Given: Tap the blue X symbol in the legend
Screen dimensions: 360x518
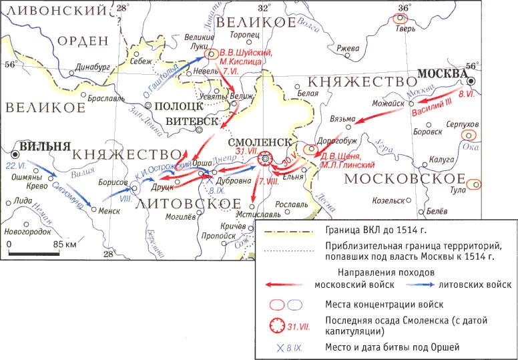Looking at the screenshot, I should pyautogui.click(x=272, y=347).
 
